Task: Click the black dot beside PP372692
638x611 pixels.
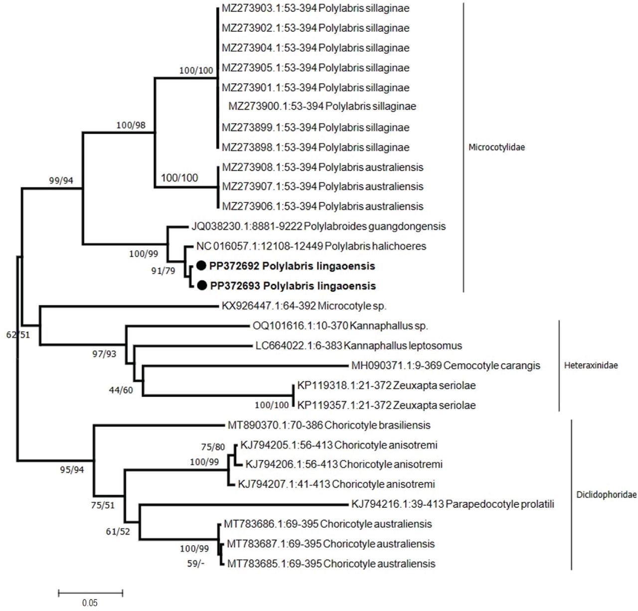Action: tap(201, 266)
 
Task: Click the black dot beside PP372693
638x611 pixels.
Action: tap(201, 286)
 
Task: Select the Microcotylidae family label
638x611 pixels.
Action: tap(496, 148)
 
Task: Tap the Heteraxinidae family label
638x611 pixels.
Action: tap(591, 365)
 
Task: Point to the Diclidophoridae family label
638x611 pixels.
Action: tap(606, 495)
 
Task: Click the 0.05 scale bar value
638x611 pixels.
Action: tap(90, 603)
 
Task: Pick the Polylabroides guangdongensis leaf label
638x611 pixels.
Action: tap(319, 226)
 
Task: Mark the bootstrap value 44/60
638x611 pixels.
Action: tap(121, 390)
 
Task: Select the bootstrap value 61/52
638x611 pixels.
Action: tap(118, 531)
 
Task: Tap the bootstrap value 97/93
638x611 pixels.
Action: tap(104, 354)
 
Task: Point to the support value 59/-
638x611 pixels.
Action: tap(195, 563)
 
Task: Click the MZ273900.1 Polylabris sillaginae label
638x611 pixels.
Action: tap(322, 106)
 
